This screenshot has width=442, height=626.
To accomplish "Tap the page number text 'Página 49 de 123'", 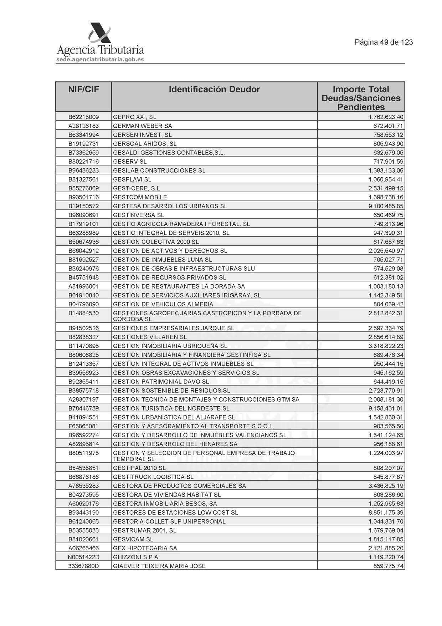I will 384,42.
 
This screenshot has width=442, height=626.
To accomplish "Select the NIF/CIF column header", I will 83,90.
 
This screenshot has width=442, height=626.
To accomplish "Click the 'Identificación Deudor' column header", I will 214,90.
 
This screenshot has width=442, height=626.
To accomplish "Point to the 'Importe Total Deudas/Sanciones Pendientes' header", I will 361,98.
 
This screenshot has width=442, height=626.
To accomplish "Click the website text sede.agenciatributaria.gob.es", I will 100,60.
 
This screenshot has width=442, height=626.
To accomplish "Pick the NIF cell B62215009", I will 83,117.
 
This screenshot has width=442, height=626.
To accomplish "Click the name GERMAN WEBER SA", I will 143,126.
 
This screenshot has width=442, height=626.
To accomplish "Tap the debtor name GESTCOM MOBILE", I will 140,197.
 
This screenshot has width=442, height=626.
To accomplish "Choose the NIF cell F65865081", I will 83,426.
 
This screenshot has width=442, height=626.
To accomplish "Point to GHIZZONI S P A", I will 135,557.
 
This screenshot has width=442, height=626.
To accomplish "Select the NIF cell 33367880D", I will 83,566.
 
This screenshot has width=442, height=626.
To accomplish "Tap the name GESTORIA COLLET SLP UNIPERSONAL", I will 169,521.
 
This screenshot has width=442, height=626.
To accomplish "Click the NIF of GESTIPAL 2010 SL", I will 83,468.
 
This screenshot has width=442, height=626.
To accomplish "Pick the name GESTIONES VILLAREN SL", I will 150,337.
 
